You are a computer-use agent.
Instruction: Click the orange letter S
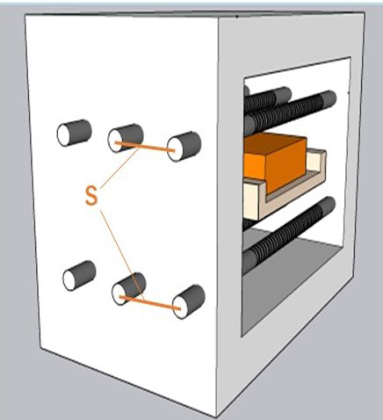91,196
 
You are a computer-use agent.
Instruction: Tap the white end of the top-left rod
65,135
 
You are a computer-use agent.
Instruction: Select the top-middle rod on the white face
126,138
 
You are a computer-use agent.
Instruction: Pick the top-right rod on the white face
184,146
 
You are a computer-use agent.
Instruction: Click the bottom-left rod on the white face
79,275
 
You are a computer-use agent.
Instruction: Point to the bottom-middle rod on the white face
129,288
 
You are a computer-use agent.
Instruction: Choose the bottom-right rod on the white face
189,302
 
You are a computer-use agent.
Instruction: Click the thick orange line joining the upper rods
145,147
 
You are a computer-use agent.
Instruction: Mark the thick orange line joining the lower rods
150,303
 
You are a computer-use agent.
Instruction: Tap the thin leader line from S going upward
120,167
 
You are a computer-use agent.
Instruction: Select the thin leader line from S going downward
122,255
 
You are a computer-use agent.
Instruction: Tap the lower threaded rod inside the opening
288,235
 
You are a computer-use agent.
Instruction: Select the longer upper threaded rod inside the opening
290,112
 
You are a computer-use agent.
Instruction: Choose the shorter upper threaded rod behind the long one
268,98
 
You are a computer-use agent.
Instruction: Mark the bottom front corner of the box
216,417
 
